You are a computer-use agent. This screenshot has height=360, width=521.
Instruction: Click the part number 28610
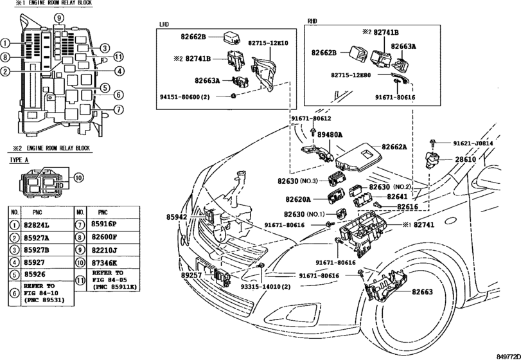coord(465,159)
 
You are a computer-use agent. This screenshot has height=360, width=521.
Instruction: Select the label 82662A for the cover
coord(394,147)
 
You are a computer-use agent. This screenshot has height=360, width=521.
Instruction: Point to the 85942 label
coord(177,217)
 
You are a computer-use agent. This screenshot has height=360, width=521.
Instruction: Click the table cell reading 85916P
coord(103,224)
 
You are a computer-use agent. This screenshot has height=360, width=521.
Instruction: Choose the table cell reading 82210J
coord(103,249)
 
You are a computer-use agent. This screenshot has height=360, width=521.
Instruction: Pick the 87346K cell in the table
coord(104,262)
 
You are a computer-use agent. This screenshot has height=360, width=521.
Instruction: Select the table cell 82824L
coord(37,226)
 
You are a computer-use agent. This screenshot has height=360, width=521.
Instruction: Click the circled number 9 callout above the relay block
coord(59,18)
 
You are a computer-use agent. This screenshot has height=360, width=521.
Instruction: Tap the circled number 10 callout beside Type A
coord(78,178)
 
